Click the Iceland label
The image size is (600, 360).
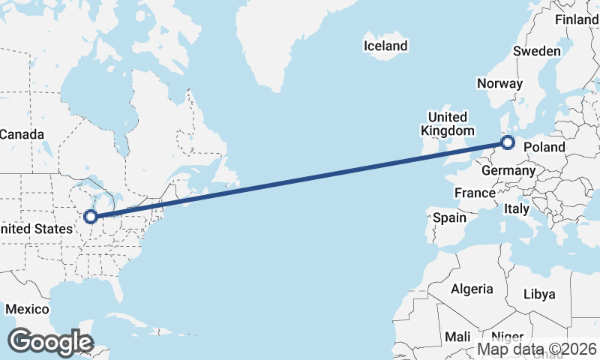point(385,46)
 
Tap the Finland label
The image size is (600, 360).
point(576,20)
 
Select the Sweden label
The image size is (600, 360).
point(536,51)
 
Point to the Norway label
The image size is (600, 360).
point(499,83)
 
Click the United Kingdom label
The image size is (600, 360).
point(447,124)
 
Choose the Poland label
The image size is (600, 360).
point(545,147)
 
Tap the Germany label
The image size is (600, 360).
point(508,171)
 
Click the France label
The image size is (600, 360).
point(475,193)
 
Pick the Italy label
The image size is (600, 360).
point(517,208)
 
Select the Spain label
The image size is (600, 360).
point(450,218)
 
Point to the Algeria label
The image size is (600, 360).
point(472,289)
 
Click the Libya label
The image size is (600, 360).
point(539,294)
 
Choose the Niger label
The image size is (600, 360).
point(507,337)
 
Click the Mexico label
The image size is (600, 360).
point(28,309)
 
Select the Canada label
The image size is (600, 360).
point(21,134)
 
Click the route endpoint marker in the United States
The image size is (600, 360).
point(91,217)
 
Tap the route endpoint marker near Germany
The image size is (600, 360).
point(508,142)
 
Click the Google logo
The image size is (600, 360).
point(50,342)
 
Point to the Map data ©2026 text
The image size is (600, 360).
point(538,349)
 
